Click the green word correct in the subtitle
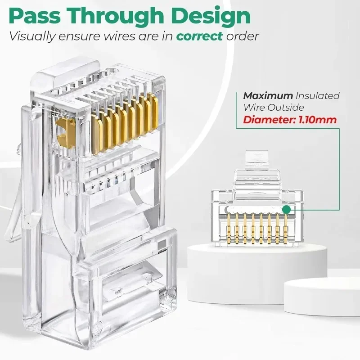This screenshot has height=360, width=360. pos(199,36)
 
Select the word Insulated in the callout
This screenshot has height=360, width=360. pos(318,96)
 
